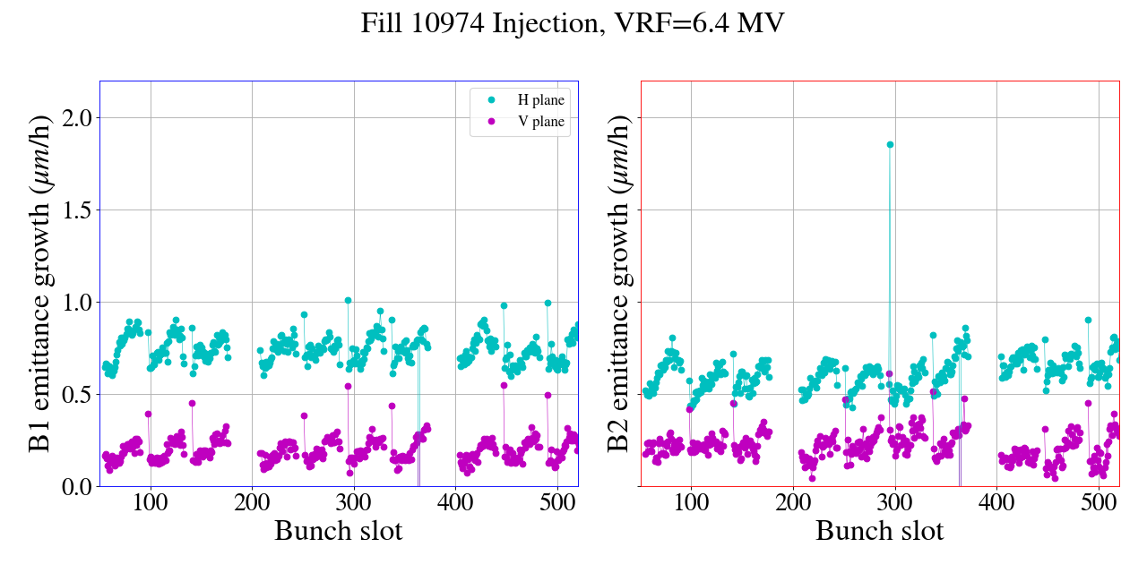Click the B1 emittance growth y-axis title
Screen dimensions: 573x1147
(39, 283)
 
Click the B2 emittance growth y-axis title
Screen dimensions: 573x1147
(619, 283)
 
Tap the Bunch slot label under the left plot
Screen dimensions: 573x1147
(338, 531)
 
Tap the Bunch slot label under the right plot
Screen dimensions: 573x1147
(879, 531)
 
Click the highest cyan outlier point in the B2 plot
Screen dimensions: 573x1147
(890, 144)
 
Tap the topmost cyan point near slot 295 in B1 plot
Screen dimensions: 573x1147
(348, 301)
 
